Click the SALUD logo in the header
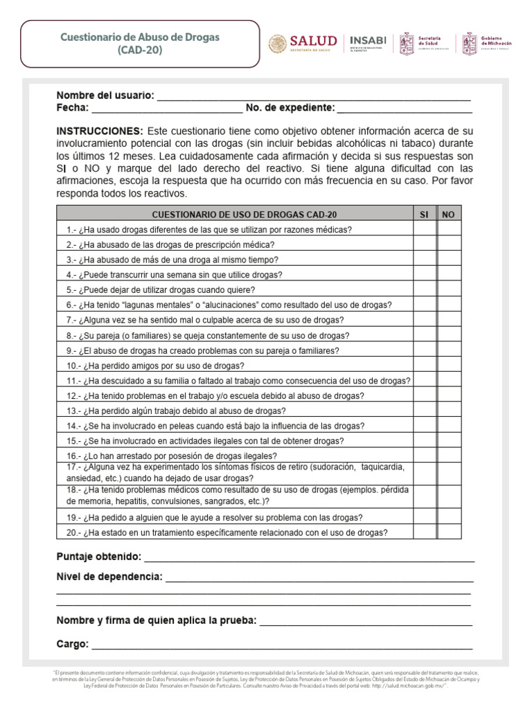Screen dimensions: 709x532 pyautogui.click(x=303, y=44)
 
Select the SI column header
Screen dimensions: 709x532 pyautogui.click(x=424, y=215)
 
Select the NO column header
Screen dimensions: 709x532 pyautogui.click(x=448, y=215)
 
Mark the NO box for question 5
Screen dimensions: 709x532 pyautogui.click(x=448, y=289)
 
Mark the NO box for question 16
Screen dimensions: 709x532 pyautogui.click(x=448, y=455)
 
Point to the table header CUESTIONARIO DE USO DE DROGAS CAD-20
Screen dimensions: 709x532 pyautogui.click(x=234, y=215)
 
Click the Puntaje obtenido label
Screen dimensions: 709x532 pyautogui.click(x=98, y=557)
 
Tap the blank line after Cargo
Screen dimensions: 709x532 pyautogui.click(x=282, y=645)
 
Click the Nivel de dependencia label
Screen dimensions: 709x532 pyautogui.click(x=109, y=577)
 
